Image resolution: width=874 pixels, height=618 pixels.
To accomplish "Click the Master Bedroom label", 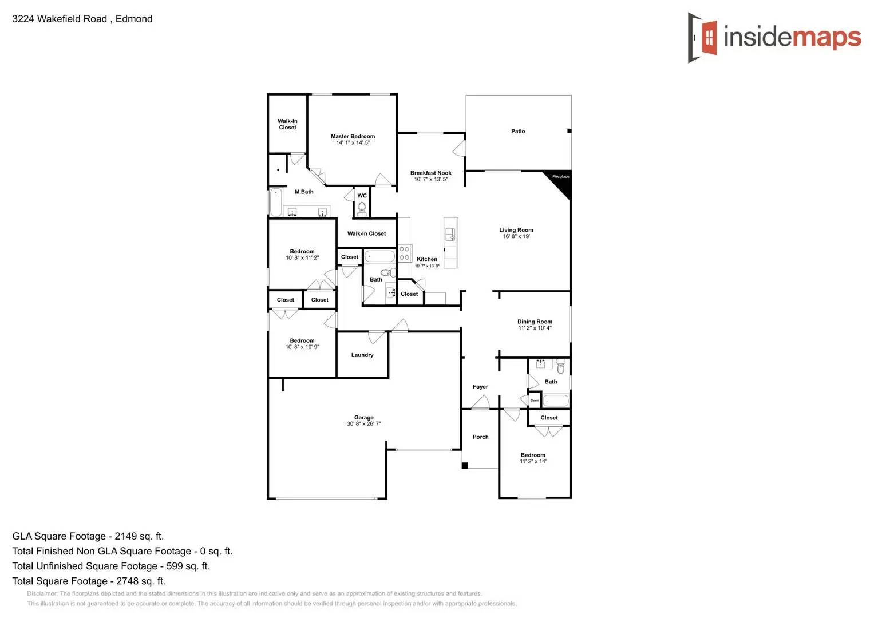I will [x=353, y=136].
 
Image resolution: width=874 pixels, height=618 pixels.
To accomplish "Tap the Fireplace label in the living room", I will [x=560, y=176].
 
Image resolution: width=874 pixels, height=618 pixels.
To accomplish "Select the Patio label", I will [x=518, y=132].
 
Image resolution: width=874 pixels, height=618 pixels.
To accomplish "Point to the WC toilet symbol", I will [x=362, y=208].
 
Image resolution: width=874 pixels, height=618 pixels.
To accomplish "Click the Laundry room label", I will [x=362, y=355].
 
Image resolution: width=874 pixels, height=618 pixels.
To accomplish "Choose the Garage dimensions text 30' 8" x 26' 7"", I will [x=363, y=424].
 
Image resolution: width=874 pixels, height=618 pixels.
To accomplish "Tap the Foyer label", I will [x=480, y=387].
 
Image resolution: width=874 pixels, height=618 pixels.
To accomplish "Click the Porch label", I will [x=481, y=437].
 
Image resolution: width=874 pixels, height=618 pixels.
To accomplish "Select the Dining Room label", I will [x=535, y=322].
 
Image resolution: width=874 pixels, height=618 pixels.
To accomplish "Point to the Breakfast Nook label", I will [x=430, y=173].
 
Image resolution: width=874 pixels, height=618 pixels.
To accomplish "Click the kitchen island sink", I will [x=450, y=234].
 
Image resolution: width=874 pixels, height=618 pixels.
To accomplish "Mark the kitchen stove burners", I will [x=405, y=253].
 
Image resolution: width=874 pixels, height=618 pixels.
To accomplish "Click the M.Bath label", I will [x=304, y=192].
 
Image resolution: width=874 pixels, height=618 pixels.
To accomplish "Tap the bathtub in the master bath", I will [x=276, y=202].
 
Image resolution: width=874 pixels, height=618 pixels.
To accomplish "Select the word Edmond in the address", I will [x=134, y=19].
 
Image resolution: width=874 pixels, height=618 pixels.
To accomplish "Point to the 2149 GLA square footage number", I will [x=125, y=536].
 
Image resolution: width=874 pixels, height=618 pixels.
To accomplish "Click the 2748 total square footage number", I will [x=127, y=581].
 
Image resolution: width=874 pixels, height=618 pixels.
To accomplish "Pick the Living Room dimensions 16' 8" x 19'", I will [x=516, y=236].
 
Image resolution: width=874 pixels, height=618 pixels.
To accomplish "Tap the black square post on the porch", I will [x=465, y=465].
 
